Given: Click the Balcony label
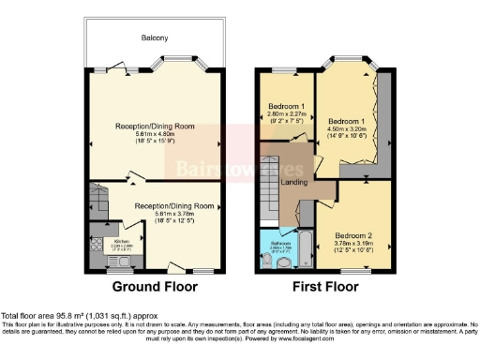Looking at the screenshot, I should (155, 38).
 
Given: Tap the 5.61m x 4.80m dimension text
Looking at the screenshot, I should (155, 133).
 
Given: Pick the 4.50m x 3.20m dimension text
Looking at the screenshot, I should (345, 132).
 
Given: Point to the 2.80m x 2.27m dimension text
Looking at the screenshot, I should (286, 114).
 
